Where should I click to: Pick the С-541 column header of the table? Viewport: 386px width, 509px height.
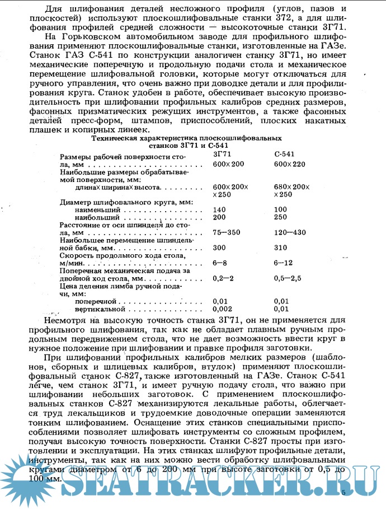tap(285, 153)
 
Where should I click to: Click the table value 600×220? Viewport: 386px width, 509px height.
tap(291, 164)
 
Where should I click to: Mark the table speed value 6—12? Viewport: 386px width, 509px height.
tap(284, 263)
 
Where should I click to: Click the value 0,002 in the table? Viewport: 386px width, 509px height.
tap(222, 309)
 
